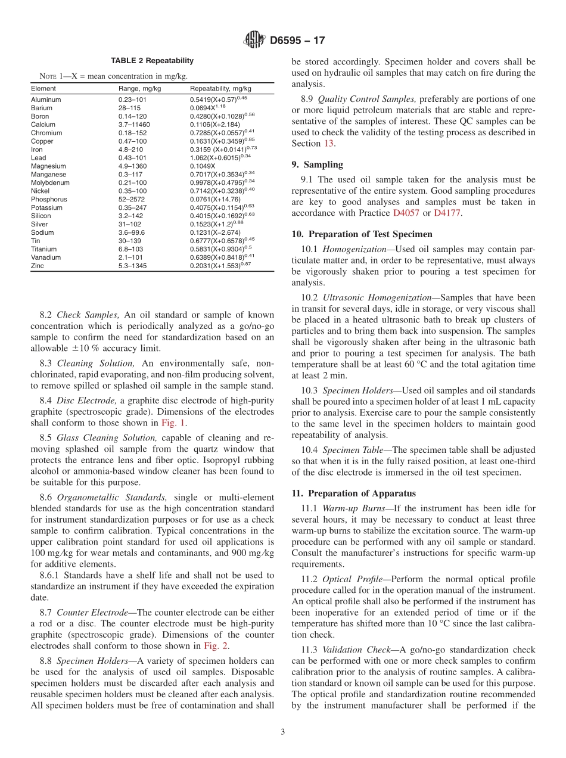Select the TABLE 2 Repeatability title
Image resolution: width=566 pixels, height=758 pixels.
tap(152, 61)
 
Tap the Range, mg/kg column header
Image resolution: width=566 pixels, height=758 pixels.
tap(139, 88)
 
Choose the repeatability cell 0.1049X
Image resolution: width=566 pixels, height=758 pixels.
tap(203, 166)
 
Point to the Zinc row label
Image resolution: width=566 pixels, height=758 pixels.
tap(38, 266)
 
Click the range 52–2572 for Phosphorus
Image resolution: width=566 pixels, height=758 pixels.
tap(131, 200)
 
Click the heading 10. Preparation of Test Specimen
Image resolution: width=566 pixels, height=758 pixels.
tap(362, 234)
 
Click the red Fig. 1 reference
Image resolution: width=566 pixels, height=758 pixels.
tap(173, 423)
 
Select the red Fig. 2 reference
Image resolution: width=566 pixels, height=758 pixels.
tap(215, 646)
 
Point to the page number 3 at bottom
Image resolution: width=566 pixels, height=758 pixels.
tap(282, 732)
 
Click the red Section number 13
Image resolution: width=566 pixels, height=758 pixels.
tap(329, 144)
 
